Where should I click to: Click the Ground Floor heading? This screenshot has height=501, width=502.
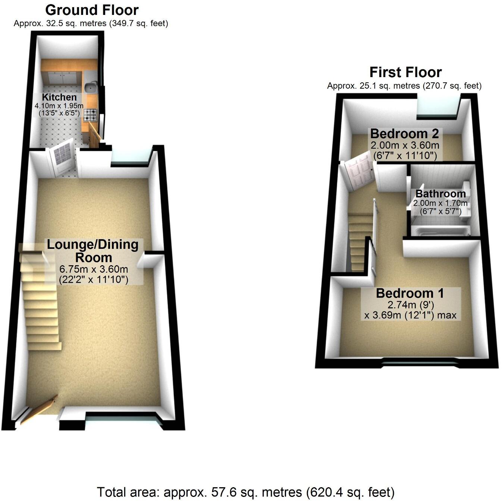pyautogui.click(x=92, y=10)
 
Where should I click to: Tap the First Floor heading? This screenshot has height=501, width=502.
pyautogui.click(x=405, y=72)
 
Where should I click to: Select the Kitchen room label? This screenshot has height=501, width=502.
pyautogui.click(x=59, y=97)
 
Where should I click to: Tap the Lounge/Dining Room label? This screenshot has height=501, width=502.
pyautogui.click(x=93, y=251)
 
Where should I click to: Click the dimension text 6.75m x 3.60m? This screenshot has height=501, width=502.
pyautogui.click(x=94, y=269)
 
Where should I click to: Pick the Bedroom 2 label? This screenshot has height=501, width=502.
pyautogui.click(x=404, y=133)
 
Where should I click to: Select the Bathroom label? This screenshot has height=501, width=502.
pyautogui.click(x=440, y=194)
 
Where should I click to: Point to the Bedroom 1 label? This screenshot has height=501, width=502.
pyautogui.click(x=410, y=293)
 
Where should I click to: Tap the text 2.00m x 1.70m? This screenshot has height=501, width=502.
pyautogui.click(x=440, y=203)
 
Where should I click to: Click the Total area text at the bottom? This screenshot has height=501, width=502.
pyautogui.click(x=245, y=492)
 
